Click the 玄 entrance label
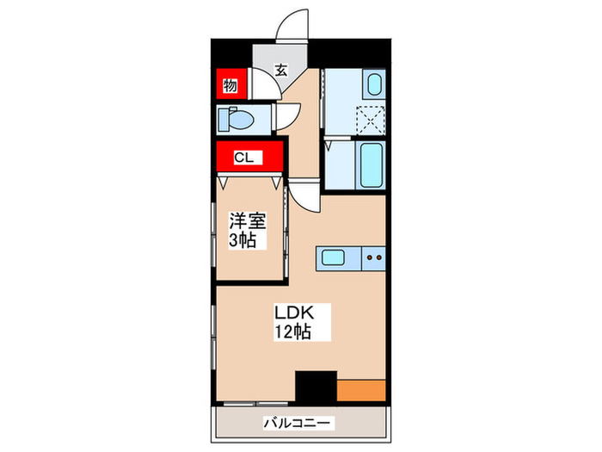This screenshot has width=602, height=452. (280, 70)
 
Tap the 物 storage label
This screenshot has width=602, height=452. (230, 85)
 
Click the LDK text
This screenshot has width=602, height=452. (292, 311)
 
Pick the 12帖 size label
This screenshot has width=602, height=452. (292, 331)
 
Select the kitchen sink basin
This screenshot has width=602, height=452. (335, 256)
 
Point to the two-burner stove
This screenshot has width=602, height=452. (373, 256)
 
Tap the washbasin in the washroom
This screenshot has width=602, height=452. (373, 85)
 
